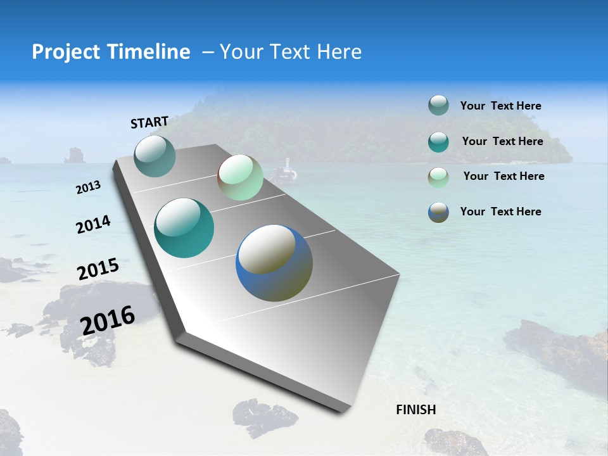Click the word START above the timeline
point(149,122)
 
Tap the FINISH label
point(416,410)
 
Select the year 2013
point(89,187)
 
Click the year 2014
point(94,224)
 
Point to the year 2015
point(98,269)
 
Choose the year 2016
point(108,320)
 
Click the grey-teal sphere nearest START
point(155,156)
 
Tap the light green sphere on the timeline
point(240,177)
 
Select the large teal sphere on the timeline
point(184,228)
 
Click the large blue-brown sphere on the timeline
point(274,263)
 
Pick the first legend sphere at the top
point(438,106)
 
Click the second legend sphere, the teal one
point(438,142)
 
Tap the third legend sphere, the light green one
point(438,177)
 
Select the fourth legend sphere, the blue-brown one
point(438,212)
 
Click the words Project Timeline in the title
point(111,52)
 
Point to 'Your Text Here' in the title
point(291,52)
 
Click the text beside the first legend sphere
point(500,106)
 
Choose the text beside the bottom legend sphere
point(500,212)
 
